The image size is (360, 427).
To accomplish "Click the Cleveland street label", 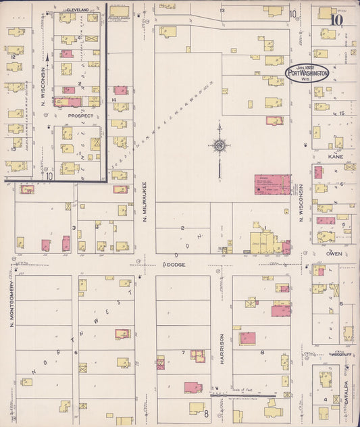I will pyautogui.click(x=78, y=10).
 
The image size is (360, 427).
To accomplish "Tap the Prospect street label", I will pyautogui.click(x=80, y=116).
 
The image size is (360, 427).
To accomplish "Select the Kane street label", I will pyautogui.click(x=336, y=156).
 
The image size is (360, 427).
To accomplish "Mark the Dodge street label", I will pyautogui.click(x=174, y=265).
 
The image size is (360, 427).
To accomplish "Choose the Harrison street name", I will pyautogui.click(x=221, y=349).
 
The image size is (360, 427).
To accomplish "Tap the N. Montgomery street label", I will pyautogui.click(x=12, y=307).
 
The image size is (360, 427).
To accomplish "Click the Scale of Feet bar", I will pyautogui.click(x=242, y=395).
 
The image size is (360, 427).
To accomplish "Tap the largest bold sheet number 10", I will pyautogui.click(x=336, y=19).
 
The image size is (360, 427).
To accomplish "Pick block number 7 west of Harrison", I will pyautogui.click(x=183, y=352).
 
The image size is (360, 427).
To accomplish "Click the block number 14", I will pyautogui.click(x=115, y=100).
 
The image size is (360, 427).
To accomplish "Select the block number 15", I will pyautogui.click(x=342, y=112).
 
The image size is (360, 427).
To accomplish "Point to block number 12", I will pyautogui.click(x=13, y=58).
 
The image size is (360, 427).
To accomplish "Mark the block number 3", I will pyautogui.click(x=73, y=228).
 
